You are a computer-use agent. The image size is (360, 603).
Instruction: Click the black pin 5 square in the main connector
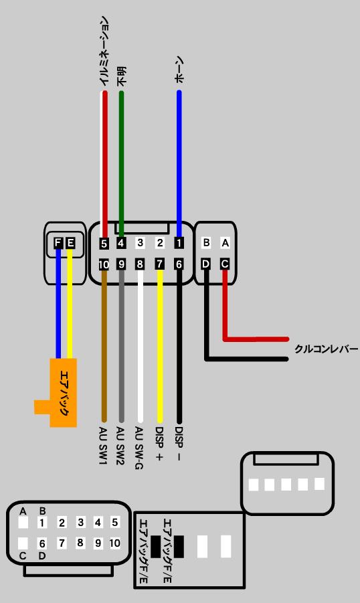[104, 244]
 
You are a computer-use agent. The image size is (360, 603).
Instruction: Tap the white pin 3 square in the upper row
[140, 243]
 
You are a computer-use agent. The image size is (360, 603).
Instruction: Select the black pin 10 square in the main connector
[104, 264]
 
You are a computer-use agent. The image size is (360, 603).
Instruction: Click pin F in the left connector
[58, 243]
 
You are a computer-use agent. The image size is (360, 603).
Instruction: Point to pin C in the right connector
[225, 264]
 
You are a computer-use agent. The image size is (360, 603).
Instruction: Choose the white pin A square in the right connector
[226, 243]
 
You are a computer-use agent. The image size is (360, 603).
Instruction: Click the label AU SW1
[103, 445]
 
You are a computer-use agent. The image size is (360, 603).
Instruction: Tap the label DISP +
[159, 444]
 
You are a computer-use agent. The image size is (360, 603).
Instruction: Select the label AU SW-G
[139, 448]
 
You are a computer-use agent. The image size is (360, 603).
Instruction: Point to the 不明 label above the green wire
[122, 76]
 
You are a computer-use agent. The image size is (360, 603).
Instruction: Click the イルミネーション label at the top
[104, 51]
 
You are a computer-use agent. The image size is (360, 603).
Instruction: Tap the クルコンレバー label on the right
[326, 349]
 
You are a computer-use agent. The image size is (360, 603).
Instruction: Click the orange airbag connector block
[63, 392]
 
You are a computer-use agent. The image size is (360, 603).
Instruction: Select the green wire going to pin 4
[122, 164]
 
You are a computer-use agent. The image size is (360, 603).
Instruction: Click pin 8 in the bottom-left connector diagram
[80, 543]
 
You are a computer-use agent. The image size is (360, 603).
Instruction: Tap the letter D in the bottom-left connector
[42, 556]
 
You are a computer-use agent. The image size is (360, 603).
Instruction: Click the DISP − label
[179, 444]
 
